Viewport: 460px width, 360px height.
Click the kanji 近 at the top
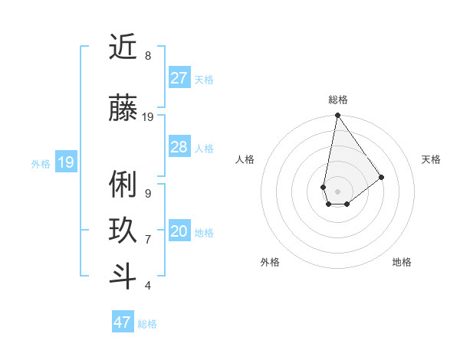point(123,48)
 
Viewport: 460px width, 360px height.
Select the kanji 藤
point(123,108)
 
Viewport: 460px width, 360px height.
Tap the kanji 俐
point(123,185)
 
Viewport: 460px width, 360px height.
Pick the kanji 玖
point(123,231)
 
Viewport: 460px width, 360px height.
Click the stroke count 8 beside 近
point(148,56)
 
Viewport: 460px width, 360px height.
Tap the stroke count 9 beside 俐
point(148,194)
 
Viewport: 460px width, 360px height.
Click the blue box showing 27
point(179,78)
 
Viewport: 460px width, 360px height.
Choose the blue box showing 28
point(179,147)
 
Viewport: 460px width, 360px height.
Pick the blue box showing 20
point(179,231)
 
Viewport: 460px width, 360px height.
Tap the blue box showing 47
point(122,322)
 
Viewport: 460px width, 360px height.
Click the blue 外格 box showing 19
point(65,162)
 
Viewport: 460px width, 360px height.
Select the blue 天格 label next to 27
point(204,80)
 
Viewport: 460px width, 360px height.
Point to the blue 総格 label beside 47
point(147,324)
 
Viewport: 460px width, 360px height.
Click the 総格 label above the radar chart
point(337,100)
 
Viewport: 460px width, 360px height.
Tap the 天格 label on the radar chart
point(431,159)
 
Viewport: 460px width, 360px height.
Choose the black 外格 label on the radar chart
point(270,262)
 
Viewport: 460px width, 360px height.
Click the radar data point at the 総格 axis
point(337,116)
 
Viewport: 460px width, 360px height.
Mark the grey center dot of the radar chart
point(337,190)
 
